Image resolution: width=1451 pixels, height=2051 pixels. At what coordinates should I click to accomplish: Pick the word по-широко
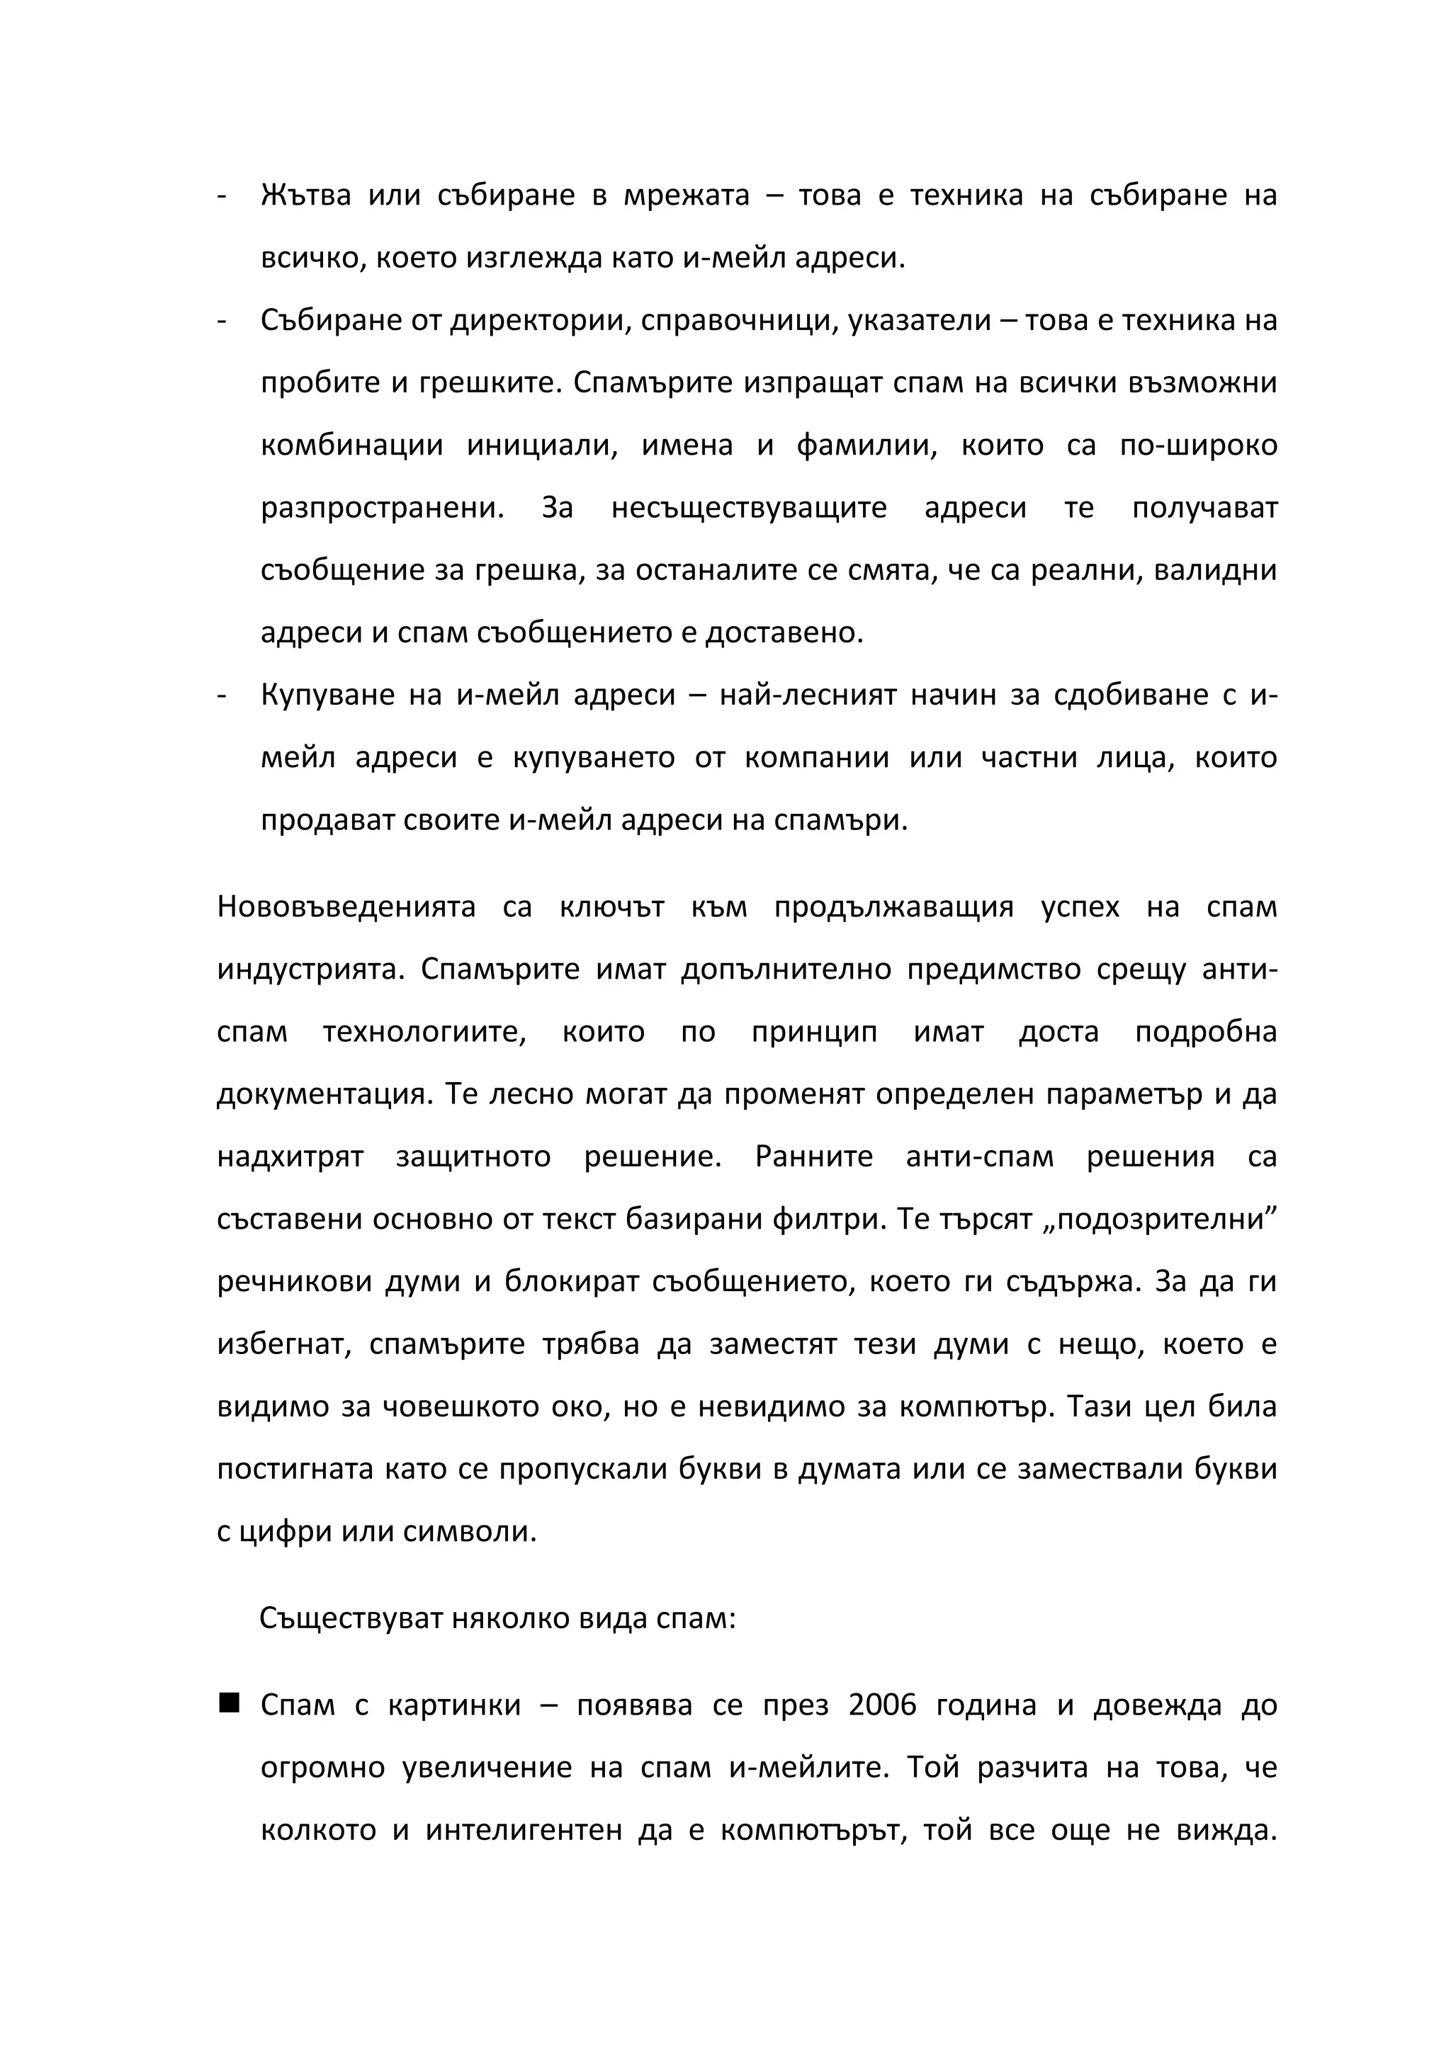pos(1198,445)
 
